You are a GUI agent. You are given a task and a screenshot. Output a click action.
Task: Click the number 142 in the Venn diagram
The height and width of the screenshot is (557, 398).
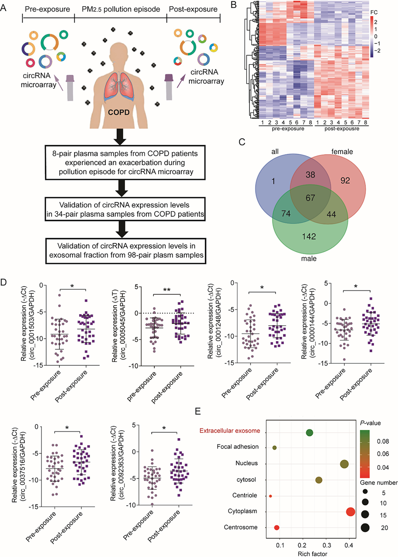(309, 236)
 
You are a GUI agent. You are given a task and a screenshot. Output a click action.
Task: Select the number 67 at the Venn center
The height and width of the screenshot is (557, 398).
(310, 198)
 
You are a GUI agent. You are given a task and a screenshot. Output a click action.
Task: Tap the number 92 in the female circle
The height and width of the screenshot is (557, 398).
(345, 180)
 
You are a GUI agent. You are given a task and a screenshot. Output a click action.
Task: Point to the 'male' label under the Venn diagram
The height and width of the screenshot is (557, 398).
(309, 258)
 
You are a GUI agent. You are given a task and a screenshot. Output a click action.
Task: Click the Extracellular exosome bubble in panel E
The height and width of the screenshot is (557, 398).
(309, 433)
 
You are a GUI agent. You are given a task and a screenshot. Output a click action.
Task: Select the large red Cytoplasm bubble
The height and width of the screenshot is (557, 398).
(350, 512)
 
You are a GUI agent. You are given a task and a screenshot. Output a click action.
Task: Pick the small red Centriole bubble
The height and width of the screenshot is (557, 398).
(270, 496)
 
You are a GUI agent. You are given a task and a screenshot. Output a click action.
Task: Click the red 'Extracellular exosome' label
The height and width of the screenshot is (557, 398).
(230, 431)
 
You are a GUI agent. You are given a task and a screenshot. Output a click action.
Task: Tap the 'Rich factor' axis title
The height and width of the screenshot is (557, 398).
(312, 554)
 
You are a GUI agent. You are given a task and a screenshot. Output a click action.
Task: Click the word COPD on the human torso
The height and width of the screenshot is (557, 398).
(119, 112)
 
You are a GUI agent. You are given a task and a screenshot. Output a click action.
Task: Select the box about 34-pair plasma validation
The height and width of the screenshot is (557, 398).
(125, 209)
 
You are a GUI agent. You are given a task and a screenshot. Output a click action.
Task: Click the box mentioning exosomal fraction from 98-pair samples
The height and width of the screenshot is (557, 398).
(126, 250)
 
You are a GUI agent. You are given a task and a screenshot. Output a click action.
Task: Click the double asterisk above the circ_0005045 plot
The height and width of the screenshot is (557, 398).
(167, 290)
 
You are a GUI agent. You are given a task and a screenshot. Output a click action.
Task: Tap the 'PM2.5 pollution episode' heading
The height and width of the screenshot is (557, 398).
(121, 9)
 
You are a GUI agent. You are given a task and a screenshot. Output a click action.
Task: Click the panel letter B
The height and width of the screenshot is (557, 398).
(233, 5)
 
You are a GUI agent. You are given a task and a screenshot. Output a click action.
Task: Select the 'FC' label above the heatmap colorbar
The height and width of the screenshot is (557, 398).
(374, 12)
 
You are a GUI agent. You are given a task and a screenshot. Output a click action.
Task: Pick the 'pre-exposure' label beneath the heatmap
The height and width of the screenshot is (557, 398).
(288, 129)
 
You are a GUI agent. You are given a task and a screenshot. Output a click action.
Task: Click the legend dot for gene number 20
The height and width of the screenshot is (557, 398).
(365, 528)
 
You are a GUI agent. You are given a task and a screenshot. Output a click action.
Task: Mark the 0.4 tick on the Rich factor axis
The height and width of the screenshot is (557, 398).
(349, 545)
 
